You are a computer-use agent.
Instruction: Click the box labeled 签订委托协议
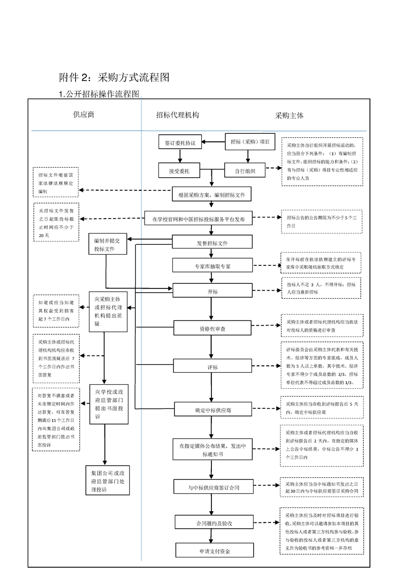[180, 142]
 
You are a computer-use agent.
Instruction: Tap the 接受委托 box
[180, 170]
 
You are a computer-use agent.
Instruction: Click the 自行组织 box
[244, 170]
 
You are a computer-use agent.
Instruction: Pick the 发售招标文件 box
[212, 243]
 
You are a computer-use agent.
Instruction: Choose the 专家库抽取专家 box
[212, 265]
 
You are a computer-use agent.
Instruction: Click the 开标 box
[212, 292]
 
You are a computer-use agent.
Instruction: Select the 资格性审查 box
[212, 328]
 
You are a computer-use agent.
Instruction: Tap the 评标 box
[212, 367]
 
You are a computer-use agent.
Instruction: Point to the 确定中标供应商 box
[212, 410]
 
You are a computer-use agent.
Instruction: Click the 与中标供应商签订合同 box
[213, 486]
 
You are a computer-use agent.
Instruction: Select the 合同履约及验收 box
[213, 523]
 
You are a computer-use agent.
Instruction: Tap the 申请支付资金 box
[213, 551]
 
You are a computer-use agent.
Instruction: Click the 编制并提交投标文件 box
[107, 245]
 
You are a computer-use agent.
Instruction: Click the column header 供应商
[84, 115]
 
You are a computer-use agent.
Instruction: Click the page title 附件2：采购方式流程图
[114, 78]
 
